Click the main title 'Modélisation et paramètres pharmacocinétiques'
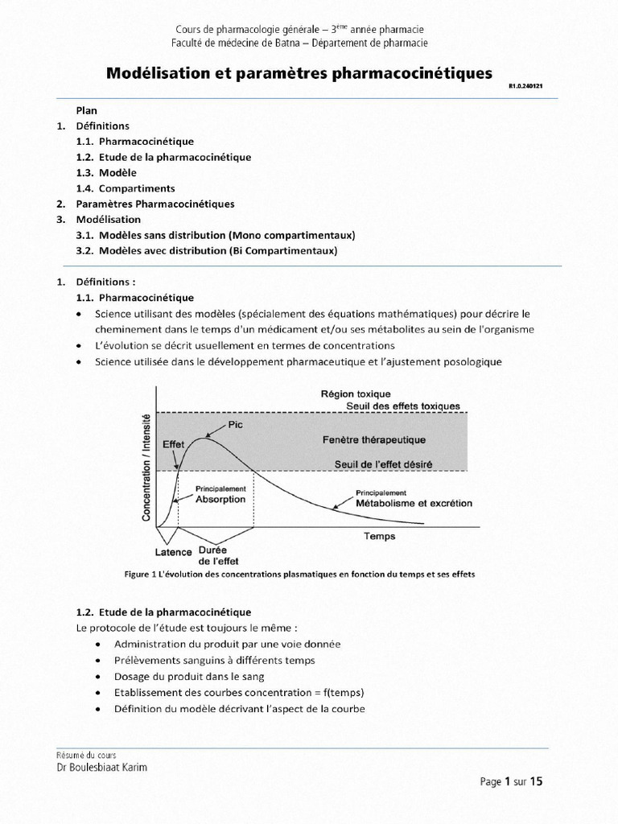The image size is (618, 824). tap(299, 73)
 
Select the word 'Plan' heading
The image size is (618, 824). tap(86, 111)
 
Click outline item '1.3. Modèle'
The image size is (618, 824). tap(106, 173)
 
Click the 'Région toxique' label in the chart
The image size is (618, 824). tap(356, 394)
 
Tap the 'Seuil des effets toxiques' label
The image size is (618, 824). tap(403, 406)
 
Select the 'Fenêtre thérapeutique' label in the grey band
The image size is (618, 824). tap(374, 440)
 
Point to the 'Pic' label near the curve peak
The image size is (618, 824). tap(235, 425)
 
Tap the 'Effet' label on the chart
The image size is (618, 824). tap(173, 444)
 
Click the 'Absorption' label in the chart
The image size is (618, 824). tap(220, 499)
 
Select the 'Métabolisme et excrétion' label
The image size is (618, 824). tap(414, 503)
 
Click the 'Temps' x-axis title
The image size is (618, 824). tap(379, 535)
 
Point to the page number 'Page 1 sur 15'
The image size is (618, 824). tap(512, 781)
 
